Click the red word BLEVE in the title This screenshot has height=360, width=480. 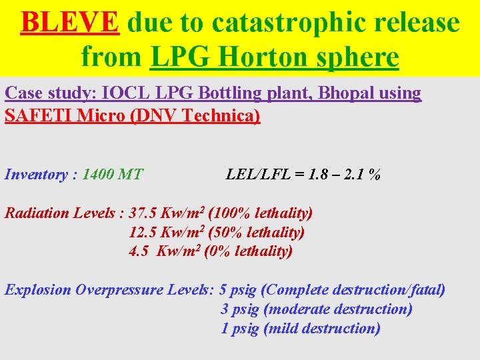pos(70,23)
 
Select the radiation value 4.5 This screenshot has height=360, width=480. pos(139,252)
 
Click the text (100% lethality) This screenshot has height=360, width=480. pos(260,213)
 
